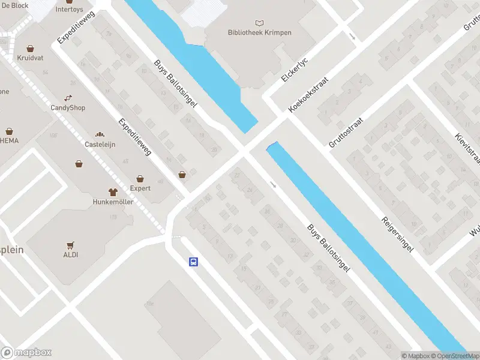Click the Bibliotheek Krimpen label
pyautogui.click(x=260, y=32)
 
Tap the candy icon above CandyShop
pyautogui.click(x=68, y=98)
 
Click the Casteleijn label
pyautogui.click(x=100, y=145)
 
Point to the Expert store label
pyautogui.click(x=140, y=188)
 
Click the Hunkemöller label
pyautogui.click(x=113, y=203)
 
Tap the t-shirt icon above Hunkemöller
pyautogui.click(x=113, y=193)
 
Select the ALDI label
pyautogui.click(x=70, y=254)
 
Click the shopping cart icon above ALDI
pyautogui.click(x=71, y=244)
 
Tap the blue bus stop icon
pyautogui.click(x=194, y=262)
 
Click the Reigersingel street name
pyautogui.click(x=397, y=230)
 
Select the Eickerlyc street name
pyautogui.click(x=294, y=70)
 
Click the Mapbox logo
pyautogui.click(x=26, y=353)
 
